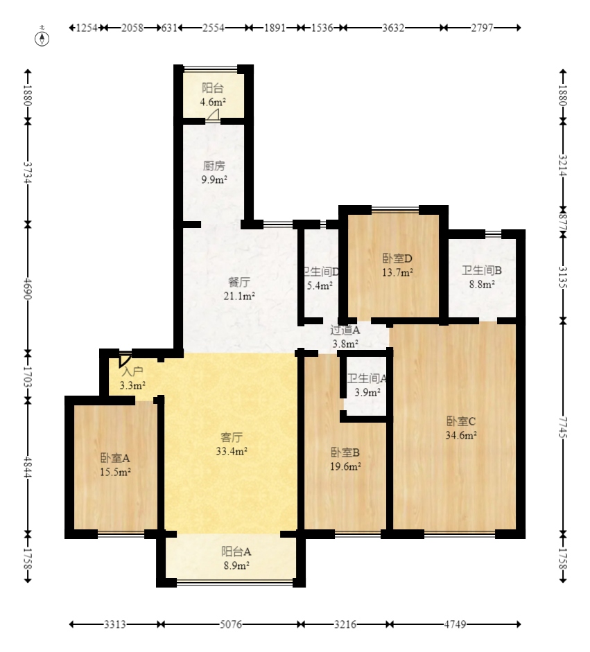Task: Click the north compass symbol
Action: point(42,38)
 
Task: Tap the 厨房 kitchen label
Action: point(214,166)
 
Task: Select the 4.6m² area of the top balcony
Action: point(213,102)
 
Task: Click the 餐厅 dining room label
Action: point(239,282)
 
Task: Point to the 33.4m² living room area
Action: point(232,451)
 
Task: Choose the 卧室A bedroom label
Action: point(115,458)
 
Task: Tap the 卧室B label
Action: point(345,452)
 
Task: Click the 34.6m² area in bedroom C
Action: point(461,435)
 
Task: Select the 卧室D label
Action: point(397,258)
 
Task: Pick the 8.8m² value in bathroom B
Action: point(482,284)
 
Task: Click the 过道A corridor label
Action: point(345,331)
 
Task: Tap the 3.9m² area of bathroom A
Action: point(367,392)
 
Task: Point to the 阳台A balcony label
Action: point(236,552)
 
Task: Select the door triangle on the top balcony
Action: point(214,116)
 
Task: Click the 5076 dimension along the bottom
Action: point(230,624)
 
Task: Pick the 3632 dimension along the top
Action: point(393,28)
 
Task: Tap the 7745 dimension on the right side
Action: point(563,427)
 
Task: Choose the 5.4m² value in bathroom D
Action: point(320,285)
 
